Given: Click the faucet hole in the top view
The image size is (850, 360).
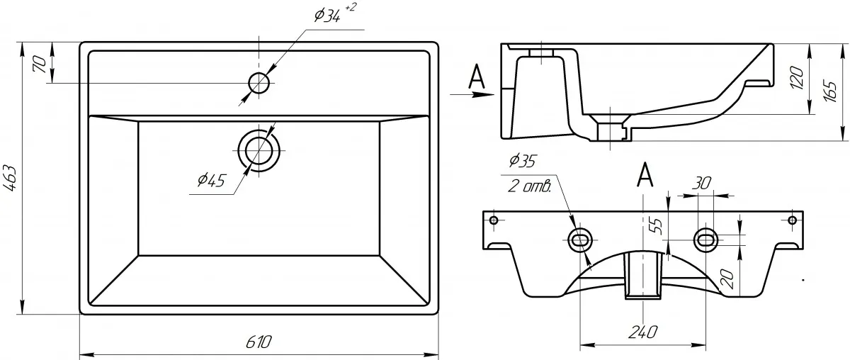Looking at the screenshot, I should [259, 83].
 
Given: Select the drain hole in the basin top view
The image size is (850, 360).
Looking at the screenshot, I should [259, 149].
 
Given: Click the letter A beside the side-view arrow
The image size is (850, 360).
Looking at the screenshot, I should [479, 77].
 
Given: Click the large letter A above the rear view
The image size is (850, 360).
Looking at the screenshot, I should [645, 175].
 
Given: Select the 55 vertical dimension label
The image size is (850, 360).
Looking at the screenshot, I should [657, 226].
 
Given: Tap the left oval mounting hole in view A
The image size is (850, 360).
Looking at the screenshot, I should [580, 240].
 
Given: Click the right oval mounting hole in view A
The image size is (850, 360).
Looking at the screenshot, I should [706, 240].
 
